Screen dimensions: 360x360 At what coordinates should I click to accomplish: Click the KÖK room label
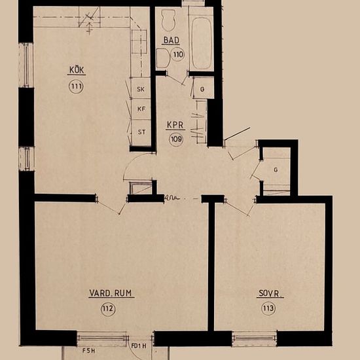[x=77, y=71]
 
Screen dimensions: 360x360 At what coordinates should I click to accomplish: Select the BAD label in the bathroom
[x=171, y=41]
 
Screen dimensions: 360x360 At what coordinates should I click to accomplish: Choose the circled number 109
[x=176, y=138]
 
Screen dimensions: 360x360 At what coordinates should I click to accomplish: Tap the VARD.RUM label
[x=111, y=294]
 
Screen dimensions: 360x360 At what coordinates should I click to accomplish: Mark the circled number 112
[x=108, y=310]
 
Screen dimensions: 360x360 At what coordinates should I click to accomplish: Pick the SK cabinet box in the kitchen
[x=141, y=88]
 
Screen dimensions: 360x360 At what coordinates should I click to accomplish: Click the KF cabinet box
[x=141, y=109]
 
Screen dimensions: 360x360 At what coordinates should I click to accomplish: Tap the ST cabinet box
[x=141, y=131]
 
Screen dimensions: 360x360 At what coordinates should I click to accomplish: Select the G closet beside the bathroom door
[x=203, y=88]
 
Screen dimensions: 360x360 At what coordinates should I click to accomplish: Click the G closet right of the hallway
[x=276, y=170]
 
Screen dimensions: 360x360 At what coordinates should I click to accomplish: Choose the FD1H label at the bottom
[x=139, y=346]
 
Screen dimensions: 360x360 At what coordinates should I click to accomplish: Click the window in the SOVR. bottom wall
[x=255, y=338]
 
